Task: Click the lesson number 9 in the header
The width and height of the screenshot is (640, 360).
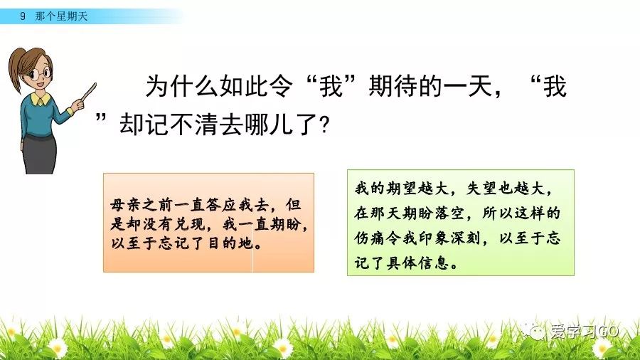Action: click(x=23, y=16)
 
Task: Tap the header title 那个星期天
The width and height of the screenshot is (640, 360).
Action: click(x=61, y=16)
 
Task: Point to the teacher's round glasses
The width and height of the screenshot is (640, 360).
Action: click(x=41, y=74)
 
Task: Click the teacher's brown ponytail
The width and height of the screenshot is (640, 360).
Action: click(x=16, y=70)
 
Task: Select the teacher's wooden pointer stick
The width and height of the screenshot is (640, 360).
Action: click(x=88, y=92)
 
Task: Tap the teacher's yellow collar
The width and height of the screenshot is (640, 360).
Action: click(x=41, y=98)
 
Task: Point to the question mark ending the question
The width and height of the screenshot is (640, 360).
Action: click(x=325, y=125)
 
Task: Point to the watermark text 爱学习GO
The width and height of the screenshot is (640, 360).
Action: click(x=585, y=331)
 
